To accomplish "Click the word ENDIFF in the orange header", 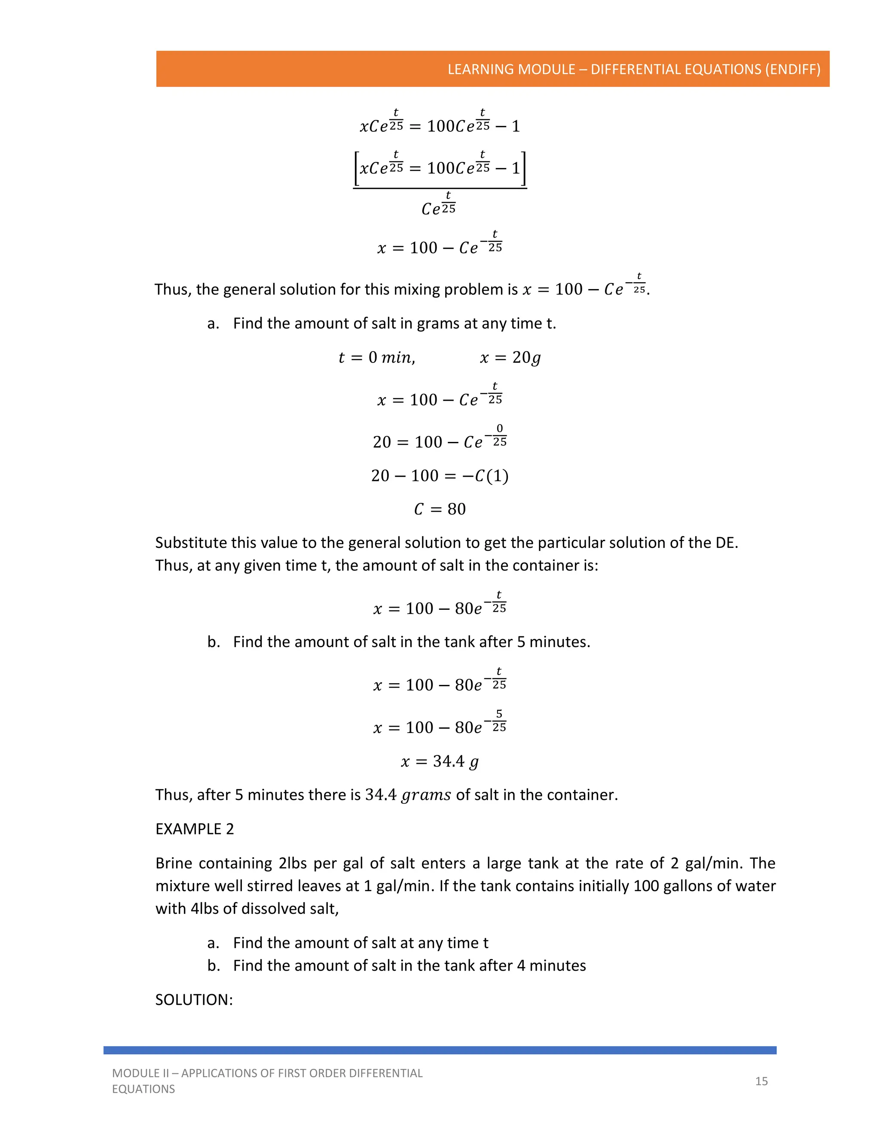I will [792, 69].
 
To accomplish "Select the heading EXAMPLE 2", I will [195, 828].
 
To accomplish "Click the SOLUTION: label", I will [194, 999].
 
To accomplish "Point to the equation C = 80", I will [440, 509].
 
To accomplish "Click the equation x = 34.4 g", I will [440, 762].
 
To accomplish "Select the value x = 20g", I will [510, 357].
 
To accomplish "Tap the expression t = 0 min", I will [376, 357].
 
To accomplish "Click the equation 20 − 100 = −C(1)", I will [440, 476].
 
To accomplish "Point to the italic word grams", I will [426, 795].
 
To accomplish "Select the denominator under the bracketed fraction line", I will [438, 205].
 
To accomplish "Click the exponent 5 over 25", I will [499, 721].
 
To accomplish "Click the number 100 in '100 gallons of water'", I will [646, 886].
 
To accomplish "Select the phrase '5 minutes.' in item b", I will [553, 642].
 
